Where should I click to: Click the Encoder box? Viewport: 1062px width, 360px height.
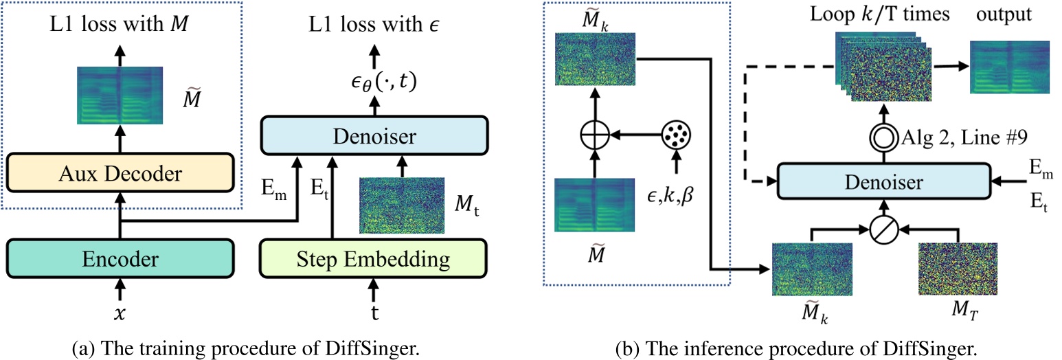pos(120,258)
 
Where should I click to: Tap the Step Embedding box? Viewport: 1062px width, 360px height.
pos(374,258)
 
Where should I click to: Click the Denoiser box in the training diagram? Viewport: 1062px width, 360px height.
pos(374,137)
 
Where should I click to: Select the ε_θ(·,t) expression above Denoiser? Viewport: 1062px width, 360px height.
pos(374,82)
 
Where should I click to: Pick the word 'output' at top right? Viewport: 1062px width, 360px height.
pos(1008,14)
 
